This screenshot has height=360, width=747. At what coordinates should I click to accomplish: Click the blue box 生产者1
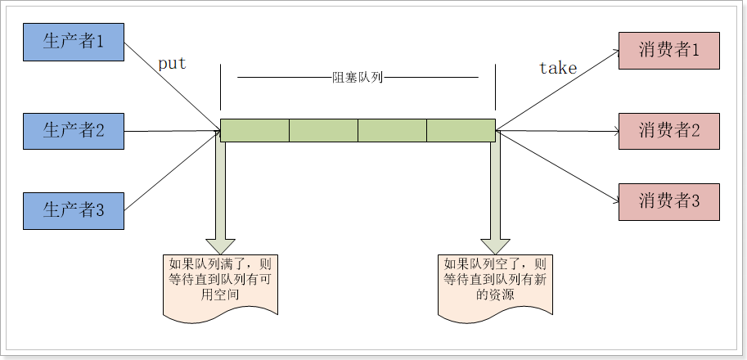(74, 41)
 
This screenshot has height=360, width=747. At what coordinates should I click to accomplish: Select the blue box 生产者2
(74, 130)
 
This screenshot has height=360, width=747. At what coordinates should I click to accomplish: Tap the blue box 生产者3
(74, 210)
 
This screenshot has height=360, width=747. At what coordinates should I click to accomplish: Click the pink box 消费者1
(669, 51)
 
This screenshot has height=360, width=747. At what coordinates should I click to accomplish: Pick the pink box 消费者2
(669, 130)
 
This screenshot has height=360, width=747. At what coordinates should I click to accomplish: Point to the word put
(172, 65)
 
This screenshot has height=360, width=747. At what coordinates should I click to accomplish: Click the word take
(558, 69)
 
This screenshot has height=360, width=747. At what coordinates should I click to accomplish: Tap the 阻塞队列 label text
(358, 78)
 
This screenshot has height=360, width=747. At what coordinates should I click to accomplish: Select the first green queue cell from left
(254, 130)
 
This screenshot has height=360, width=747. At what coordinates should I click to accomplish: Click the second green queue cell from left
(323, 130)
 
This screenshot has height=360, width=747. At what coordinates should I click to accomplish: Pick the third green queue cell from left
(392, 130)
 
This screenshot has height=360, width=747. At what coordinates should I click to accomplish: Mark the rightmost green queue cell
(461, 130)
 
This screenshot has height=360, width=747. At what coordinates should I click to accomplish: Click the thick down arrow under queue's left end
(220, 196)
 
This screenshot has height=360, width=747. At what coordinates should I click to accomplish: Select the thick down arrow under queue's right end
(495, 196)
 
